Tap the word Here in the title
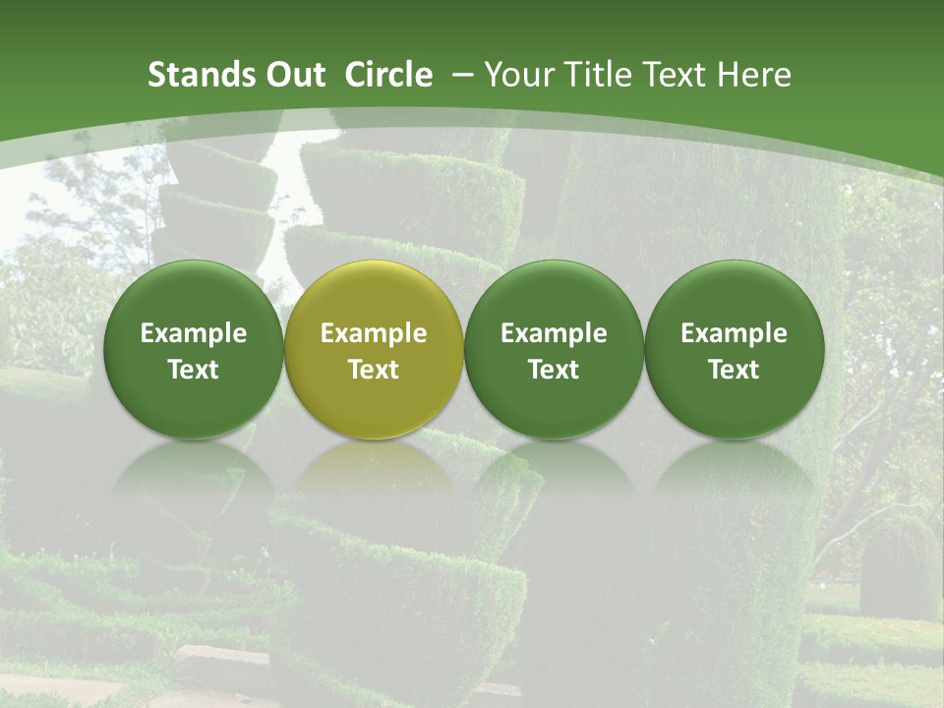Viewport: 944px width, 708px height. [752, 75]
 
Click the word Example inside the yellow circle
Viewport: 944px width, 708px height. [374, 333]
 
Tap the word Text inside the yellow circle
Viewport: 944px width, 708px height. [374, 370]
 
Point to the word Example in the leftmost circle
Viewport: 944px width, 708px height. [194, 333]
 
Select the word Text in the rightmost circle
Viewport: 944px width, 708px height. [734, 370]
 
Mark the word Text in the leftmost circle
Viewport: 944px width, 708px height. [194, 370]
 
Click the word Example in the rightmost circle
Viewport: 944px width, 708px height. [734, 333]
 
